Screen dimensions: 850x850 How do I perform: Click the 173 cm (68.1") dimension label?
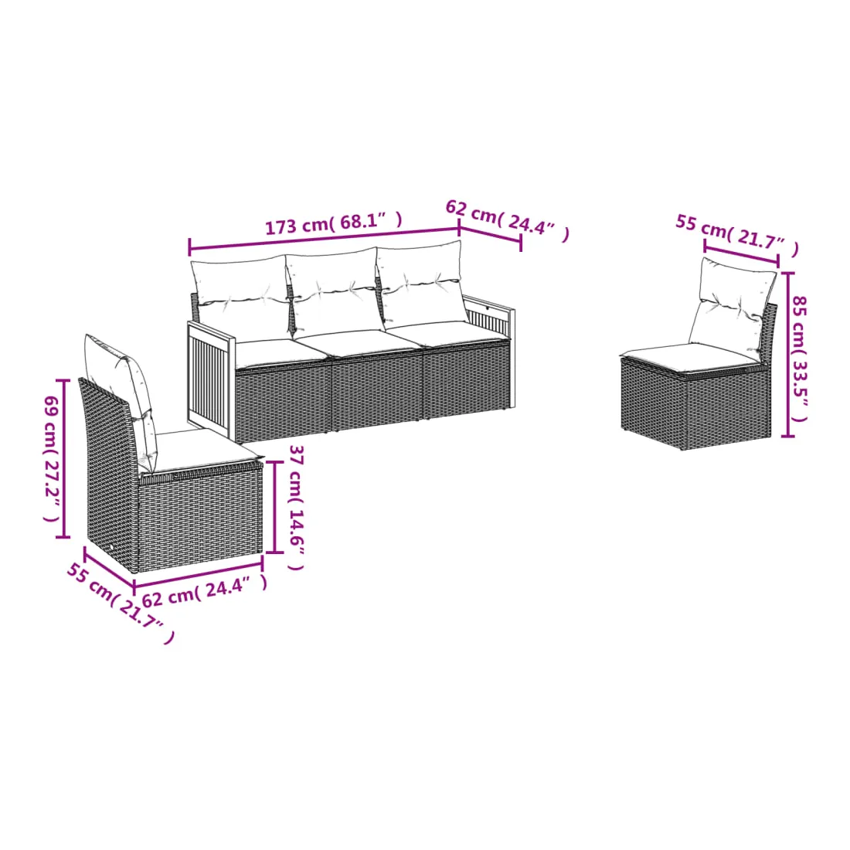pyautogui.click(x=333, y=223)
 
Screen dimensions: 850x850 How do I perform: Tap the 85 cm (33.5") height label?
pyautogui.click(x=800, y=359)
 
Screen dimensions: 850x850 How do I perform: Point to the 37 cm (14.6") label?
pyautogui.click(x=297, y=508)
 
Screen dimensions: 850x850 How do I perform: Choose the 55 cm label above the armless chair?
pyautogui.click(x=737, y=234)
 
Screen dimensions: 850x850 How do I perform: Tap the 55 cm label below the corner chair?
pyautogui.click(x=121, y=603)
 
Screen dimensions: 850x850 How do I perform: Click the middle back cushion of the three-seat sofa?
pyautogui.click(x=331, y=291)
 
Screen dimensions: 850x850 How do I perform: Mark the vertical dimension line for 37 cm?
pyautogui.click(x=275, y=507)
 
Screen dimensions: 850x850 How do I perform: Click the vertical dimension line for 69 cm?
pyautogui.click(x=63, y=458)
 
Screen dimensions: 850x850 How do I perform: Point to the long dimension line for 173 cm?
pyautogui.click(x=325, y=239)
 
